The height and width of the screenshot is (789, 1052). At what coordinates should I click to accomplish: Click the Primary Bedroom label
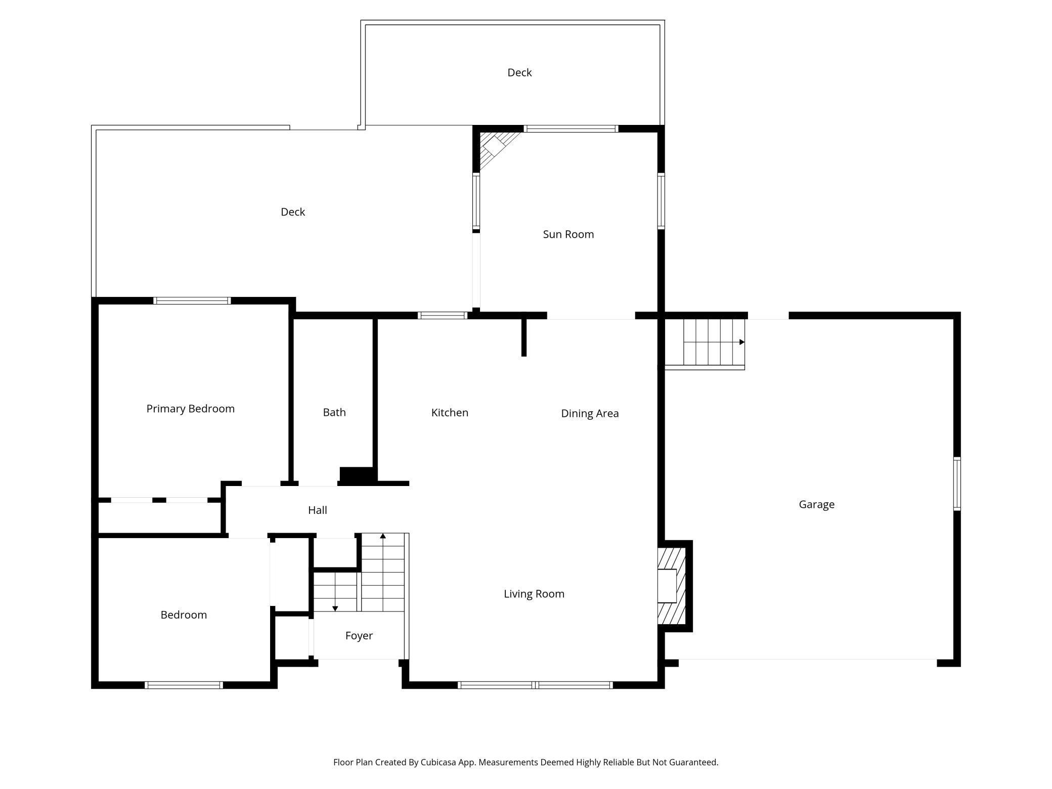[190, 409]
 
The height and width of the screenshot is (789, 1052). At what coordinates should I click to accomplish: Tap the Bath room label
[334, 412]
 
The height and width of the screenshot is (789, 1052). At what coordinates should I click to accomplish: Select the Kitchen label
[450, 413]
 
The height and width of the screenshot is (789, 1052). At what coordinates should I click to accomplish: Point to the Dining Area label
[590, 414]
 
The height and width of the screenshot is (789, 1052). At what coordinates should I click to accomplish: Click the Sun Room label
[568, 234]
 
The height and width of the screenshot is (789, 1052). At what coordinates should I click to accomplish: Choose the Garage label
[816, 504]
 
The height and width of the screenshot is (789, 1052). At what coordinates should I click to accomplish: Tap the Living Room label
[534, 594]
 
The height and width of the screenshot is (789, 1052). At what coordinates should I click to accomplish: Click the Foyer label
[359, 636]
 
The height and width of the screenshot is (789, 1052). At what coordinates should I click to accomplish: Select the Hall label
[318, 510]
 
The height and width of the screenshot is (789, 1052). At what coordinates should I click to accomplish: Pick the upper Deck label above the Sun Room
[519, 72]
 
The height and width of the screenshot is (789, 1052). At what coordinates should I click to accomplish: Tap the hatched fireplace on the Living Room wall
[671, 586]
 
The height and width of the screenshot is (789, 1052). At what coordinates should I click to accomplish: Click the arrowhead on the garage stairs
[742, 342]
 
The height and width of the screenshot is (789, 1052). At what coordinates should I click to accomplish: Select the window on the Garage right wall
[957, 484]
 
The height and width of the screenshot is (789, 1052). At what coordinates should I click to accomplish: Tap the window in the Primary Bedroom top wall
[192, 301]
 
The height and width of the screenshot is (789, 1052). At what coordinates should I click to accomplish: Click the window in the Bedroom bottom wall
[184, 685]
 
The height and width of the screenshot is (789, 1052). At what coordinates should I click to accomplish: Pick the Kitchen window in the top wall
[443, 316]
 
